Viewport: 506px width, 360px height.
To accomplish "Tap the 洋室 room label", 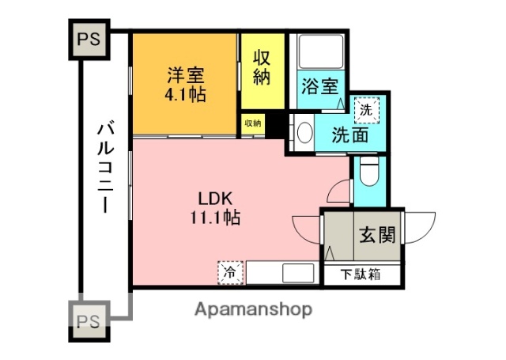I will (x=186, y=76).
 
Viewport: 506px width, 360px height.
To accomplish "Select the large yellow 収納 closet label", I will (x=262, y=67).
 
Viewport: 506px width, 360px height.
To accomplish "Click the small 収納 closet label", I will (x=252, y=123).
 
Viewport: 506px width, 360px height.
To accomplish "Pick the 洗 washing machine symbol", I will (x=364, y=110).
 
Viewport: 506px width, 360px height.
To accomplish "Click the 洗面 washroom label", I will (x=349, y=135).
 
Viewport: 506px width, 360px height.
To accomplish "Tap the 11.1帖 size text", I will (x=213, y=217).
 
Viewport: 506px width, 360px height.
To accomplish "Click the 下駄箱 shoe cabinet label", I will (x=361, y=275).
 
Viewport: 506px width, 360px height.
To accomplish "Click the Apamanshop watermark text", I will (x=253, y=309).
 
